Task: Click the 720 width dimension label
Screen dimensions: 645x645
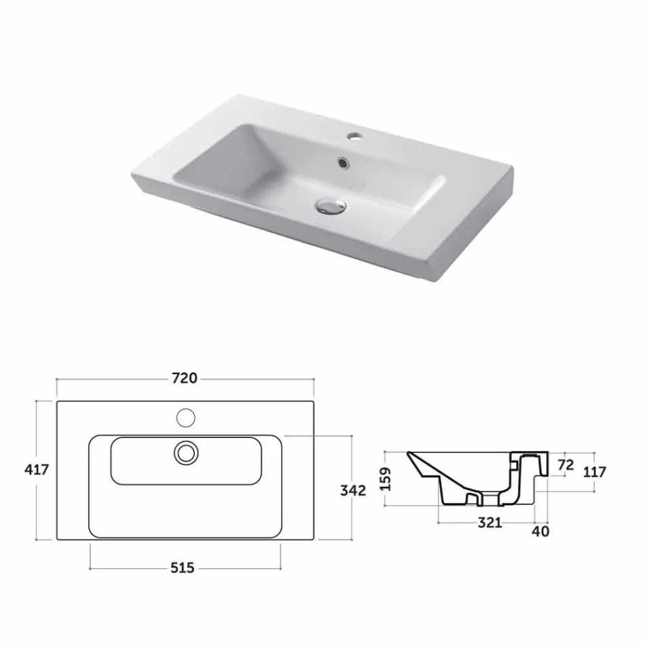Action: pos(185,378)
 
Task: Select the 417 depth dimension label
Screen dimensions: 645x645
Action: pos(37,470)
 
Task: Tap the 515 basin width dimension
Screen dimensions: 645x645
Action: pos(183,568)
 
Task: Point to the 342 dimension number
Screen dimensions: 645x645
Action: pos(353,490)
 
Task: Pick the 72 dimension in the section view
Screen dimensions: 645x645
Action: pos(565,465)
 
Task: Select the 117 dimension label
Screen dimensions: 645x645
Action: pos(594,471)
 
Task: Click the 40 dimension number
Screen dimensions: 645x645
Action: pos(541,531)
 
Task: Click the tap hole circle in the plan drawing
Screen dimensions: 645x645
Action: pos(185,416)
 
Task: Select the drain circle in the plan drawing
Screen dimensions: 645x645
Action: pos(185,452)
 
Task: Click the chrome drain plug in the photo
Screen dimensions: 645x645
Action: pos(331,204)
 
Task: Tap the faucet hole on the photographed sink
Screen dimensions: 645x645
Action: pos(353,138)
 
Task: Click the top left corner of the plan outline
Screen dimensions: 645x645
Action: pos(57,401)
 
